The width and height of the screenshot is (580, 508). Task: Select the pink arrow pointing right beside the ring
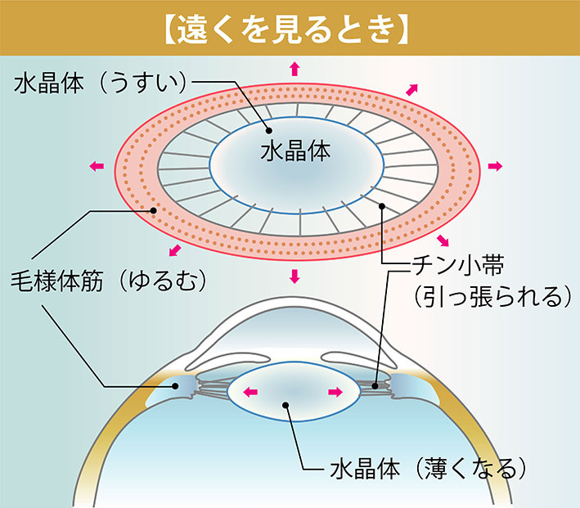tap(494, 166)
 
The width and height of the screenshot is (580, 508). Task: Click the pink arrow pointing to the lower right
tap(444, 240)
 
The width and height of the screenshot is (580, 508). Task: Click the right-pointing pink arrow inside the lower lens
tap(335, 393)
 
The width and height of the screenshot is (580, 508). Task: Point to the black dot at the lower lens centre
tap(286, 403)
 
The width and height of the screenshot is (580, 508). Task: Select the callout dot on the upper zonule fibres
tap(381, 208)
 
